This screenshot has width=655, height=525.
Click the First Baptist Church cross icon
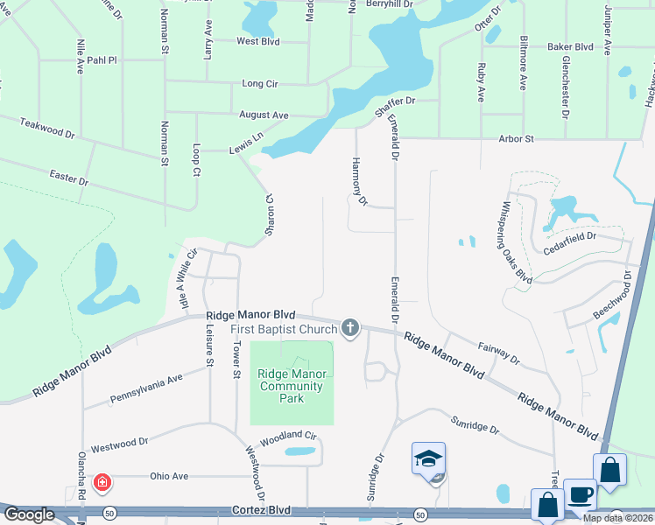(350, 328)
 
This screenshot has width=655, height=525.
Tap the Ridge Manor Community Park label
(292, 386)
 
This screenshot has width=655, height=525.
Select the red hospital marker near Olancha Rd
(102, 482)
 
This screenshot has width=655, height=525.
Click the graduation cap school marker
(428, 458)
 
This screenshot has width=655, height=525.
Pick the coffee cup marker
(580, 494)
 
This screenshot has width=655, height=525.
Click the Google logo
(29, 514)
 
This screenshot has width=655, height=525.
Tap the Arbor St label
(516, 139)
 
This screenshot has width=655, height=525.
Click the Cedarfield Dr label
(569, 236)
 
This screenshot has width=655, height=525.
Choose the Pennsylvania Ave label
(146, 388)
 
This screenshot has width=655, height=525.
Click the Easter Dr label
(70, 179)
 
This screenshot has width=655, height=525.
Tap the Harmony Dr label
(358, 181)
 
